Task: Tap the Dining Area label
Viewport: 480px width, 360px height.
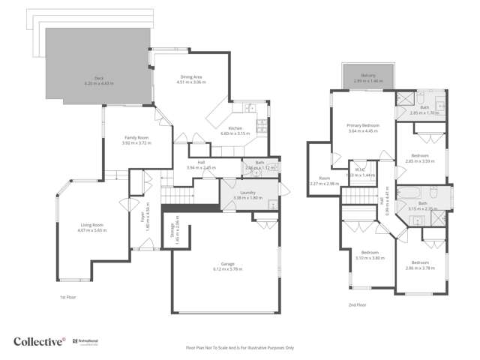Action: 192,76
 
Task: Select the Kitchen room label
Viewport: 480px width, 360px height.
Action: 235,128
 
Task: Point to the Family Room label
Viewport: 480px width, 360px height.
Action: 136,137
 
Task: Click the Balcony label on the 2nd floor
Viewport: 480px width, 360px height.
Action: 368,76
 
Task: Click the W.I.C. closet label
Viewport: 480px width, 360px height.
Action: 360,169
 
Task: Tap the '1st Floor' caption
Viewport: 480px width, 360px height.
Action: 69,297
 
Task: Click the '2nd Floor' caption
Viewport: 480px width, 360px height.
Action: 357,305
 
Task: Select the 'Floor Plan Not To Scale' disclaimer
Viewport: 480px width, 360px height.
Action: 240,348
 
